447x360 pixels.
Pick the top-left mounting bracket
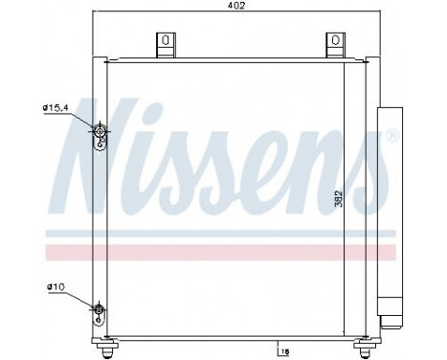pos(165,45)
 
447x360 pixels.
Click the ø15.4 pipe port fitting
pos(100,130)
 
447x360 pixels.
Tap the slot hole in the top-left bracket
pos(165,41)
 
